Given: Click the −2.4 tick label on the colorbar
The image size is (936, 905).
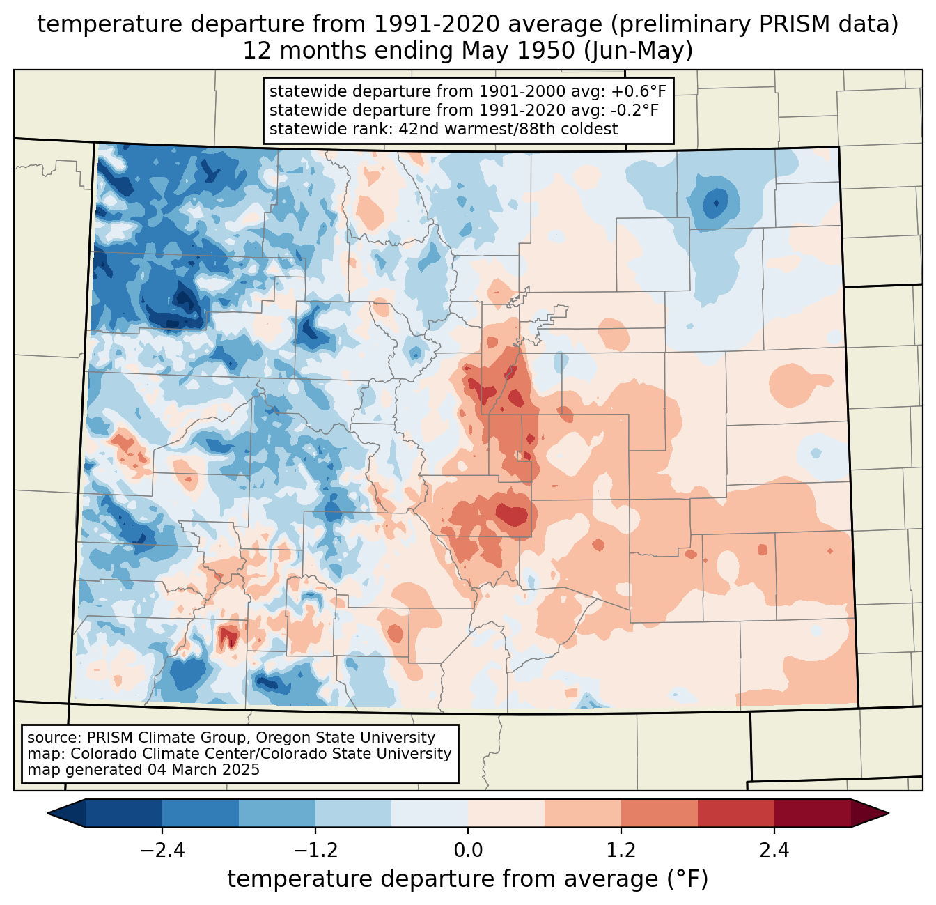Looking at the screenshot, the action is point(162,851).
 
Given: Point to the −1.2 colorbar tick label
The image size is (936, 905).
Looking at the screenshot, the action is point(315,851).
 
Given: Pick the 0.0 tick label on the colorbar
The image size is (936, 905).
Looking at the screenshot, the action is point(468,851).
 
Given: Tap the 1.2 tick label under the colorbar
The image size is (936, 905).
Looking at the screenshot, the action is point(621,851).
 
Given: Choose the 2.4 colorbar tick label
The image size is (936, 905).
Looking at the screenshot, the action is point(774,851).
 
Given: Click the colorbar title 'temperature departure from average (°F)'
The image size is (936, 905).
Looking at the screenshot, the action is point(467,879).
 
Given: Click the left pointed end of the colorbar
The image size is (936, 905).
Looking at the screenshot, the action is point(49,813).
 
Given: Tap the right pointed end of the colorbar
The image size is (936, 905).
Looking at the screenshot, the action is point(887,813).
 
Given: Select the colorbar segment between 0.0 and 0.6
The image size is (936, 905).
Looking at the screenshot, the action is point(506,813).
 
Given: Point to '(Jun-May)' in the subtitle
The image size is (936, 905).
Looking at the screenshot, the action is point(638,51).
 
